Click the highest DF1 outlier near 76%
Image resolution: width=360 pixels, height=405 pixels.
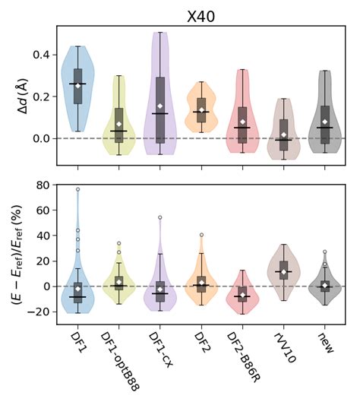point(77,189)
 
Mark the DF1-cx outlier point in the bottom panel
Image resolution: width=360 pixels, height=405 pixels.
point(160,217)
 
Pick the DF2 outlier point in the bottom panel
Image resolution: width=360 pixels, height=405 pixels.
point(201,235)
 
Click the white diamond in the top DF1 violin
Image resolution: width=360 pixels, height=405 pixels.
point(77,86)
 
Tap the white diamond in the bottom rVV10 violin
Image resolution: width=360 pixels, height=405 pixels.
point(283,272)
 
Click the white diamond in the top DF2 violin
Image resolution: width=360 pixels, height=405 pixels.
point(201,110)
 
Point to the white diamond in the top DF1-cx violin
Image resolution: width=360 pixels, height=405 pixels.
point(160,106)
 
